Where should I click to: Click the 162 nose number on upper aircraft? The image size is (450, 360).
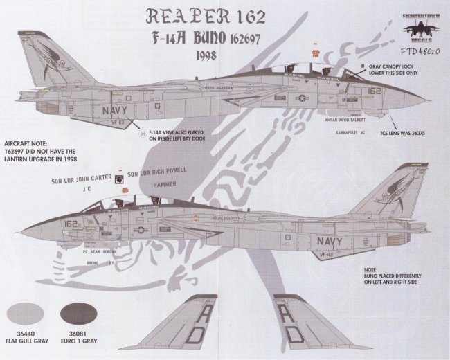375,90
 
